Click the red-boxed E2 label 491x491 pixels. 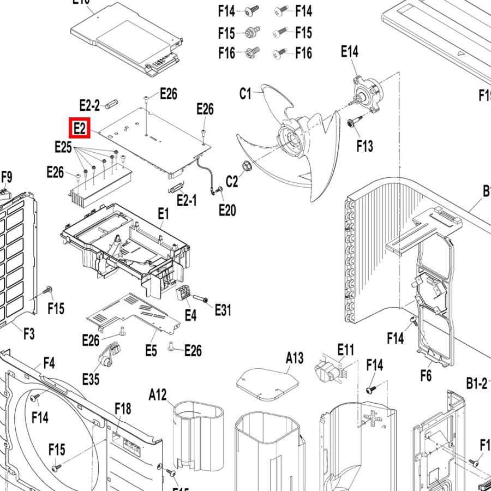pos(79,129)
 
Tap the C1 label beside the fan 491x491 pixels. pos(246,94)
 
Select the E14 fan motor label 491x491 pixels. pos(350,52)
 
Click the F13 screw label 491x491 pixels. pos(364,146)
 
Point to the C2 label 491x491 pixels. pos(232,181)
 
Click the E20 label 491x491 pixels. pos(227,209)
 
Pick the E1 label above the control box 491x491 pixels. pos(163,214)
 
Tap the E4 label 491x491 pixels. pos(190,315)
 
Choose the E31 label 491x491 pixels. pos(223,310)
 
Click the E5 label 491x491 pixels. pos(151,350)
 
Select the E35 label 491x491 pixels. pos(91,379)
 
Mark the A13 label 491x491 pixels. pos(295,358)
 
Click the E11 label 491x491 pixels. pos(346,349)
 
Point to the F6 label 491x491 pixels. pos(426,375)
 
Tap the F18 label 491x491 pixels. pos(123,408)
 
